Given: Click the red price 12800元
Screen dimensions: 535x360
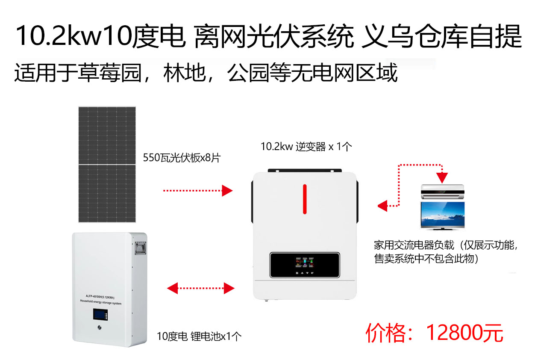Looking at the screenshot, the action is pos(465,333).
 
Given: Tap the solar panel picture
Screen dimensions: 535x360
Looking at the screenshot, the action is pos(107,165).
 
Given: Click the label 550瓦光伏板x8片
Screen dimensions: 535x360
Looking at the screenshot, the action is pos(182,158).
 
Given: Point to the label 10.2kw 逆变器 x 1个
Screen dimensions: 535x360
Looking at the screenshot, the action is pos(306,147).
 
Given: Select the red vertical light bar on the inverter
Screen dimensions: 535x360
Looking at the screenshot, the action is pos(305,199).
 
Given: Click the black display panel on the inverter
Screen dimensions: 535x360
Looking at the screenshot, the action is pos(305,265).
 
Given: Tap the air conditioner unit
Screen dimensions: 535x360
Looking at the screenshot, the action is pos(443,192).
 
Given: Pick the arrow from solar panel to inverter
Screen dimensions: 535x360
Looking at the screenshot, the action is pos(198,191).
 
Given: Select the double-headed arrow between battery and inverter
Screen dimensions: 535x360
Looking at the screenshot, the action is pos(201,288).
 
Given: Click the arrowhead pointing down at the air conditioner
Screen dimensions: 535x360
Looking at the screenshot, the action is pos(442,178).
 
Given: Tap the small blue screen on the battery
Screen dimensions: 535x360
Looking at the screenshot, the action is pos(100,314).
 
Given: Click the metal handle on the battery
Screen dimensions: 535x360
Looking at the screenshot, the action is pos(141,248).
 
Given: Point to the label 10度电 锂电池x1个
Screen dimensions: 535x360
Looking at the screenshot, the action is pos(199,336).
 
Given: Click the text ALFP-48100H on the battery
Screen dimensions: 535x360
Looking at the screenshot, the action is pos(94,296).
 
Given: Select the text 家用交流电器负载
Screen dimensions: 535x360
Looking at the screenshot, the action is pos(414,245).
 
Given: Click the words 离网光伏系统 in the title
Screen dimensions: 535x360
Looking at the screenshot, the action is pos(274,36).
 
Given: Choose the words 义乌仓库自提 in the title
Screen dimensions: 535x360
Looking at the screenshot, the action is pos(441,36).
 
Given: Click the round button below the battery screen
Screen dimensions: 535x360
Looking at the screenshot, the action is pos(100,328).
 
